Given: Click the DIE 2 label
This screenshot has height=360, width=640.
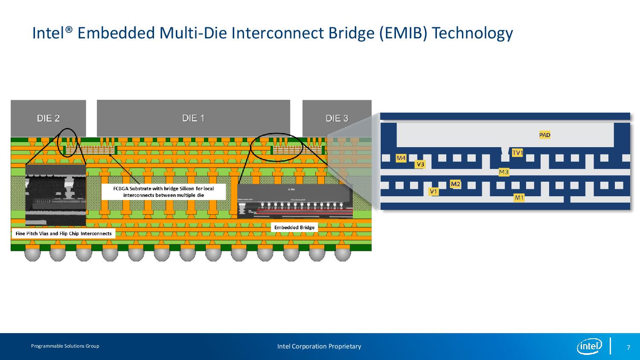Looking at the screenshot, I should coord(48,118).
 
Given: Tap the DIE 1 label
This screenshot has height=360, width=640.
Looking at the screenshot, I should coord(193,118).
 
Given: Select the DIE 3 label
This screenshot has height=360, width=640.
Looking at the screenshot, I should coord(337,118).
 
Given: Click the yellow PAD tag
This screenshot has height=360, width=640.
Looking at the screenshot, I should coord(545,135).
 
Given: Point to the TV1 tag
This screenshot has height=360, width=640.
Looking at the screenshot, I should coord(518,153).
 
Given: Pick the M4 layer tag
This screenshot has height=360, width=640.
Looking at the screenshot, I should coord(401,158).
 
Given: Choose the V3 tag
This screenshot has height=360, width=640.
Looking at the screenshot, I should coord(420,164).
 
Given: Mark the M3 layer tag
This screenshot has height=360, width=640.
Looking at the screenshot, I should coord(504,172).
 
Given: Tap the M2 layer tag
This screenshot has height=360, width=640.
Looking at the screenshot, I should coord(456,184).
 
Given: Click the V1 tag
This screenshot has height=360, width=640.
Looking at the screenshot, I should coord(433,192).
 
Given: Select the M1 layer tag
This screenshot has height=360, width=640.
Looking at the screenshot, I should coord(519,197).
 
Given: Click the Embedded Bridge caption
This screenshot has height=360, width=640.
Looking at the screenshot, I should coord(294,227).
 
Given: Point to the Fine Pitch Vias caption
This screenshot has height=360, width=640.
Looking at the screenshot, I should coord(63,233).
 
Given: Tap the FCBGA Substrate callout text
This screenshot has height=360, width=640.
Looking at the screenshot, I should coord(163,192).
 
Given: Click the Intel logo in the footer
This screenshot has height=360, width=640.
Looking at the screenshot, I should coord(589,346).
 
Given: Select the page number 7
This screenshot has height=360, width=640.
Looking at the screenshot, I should coord(628,347).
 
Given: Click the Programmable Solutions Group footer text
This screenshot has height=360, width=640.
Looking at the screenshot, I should coord(65,346).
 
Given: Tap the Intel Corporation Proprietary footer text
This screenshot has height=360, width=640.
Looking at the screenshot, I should coord(319,346).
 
